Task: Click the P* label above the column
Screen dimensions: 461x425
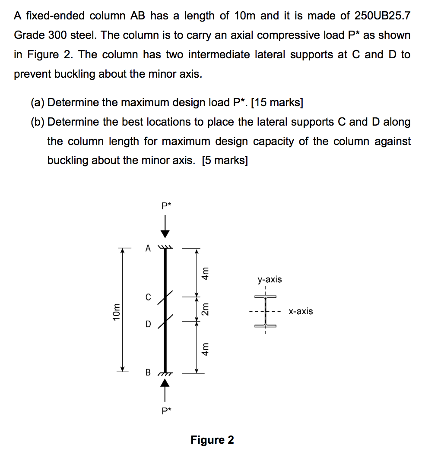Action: point(166,206)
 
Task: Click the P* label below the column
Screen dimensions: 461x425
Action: point(166,411)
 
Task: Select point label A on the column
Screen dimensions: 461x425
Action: point(148,249)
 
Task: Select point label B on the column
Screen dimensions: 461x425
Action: point(148,372)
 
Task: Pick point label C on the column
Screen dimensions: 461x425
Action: point(148,297)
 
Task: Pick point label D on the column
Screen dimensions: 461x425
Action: point(148,323)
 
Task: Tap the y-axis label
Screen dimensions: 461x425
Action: point(270,280)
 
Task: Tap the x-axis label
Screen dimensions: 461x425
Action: point(301,311)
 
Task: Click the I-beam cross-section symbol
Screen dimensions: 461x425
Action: point(265,311)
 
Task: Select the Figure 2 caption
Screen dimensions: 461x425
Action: point(212,440)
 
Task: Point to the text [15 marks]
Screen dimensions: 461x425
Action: point(277,103)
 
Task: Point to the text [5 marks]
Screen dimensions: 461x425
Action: point(225,161)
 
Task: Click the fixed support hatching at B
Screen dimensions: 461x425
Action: point(165,374)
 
